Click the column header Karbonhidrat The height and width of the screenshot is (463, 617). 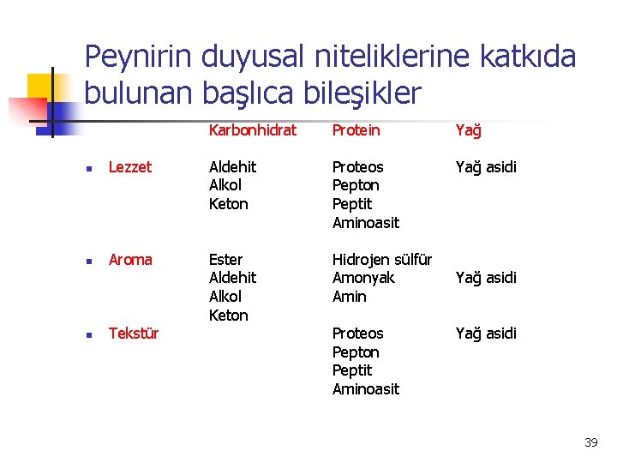click(252, 130)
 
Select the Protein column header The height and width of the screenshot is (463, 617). click(356, 130)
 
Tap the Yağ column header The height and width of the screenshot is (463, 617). click(468, 130)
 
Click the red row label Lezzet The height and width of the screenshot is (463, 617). click(130, 167)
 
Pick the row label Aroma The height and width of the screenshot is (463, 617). click(130, 260)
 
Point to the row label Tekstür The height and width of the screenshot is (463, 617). click(134, 334)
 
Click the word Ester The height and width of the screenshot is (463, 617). click(225, 259)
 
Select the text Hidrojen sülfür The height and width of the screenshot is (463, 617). click(381, 259)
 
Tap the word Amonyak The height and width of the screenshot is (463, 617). click(363, 278)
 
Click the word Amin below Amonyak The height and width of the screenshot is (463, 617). click(349, 297)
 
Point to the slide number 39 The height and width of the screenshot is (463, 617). click(590, 442)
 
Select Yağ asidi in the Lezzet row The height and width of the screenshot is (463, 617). click(486, 167)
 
